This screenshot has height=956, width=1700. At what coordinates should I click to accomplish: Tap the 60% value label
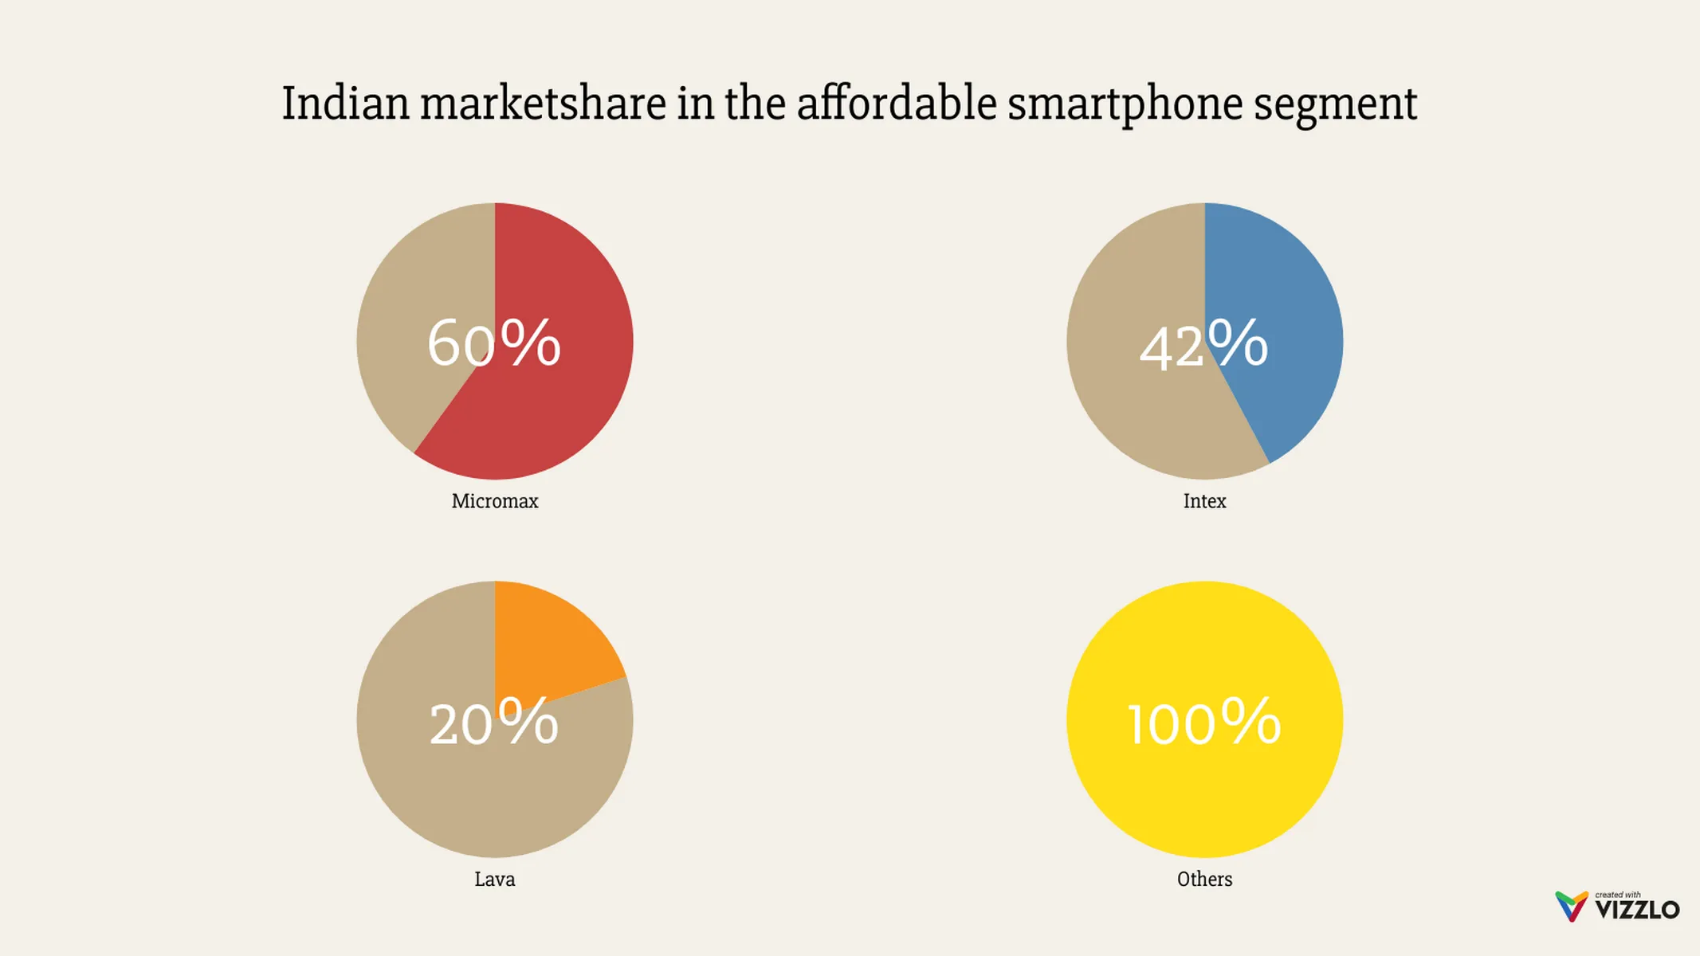pyautogui.click(x=494, y=343)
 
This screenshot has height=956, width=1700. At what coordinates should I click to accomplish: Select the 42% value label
pyautogui.click(x=1203, y=345)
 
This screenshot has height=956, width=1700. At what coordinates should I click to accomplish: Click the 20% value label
pyautogui.click(x=494, y=723)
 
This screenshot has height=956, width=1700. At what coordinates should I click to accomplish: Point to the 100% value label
pyautogui.click(x=1204, y=723)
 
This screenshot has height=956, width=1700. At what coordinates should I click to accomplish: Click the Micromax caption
pyautogui.click(x=495, y=501)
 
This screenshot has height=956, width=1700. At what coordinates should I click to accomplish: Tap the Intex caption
pyautogui.click(x=1204, y=501)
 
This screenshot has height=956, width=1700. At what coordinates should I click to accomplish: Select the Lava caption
pyautogui.click(x=495, y=880)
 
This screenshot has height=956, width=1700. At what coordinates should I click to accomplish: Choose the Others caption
pyautogui.click(x=1204, y=880)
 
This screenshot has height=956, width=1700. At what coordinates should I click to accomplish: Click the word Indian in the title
pyautogui.click(x=345, y=104)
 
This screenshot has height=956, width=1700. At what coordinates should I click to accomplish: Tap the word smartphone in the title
pyautogui.click(x=1125, y=105)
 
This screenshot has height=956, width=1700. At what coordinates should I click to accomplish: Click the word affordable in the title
pyautogui.click(x=897, y=104)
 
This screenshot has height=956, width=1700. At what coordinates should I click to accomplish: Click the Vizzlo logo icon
pyautogui.click(x=1571, y=907)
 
